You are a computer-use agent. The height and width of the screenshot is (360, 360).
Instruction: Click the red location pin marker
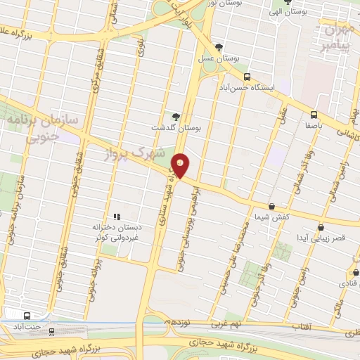(181, 165)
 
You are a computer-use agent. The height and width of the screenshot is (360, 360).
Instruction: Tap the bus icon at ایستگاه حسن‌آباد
(246, 77)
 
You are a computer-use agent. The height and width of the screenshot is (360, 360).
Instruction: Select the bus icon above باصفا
(314, 115)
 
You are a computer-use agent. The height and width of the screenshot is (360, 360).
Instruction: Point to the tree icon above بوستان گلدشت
(175, 116)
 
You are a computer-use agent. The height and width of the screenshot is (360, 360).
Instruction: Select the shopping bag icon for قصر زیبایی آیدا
(321, 227)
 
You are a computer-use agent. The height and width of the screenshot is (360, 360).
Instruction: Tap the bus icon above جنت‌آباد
(27, 316)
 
